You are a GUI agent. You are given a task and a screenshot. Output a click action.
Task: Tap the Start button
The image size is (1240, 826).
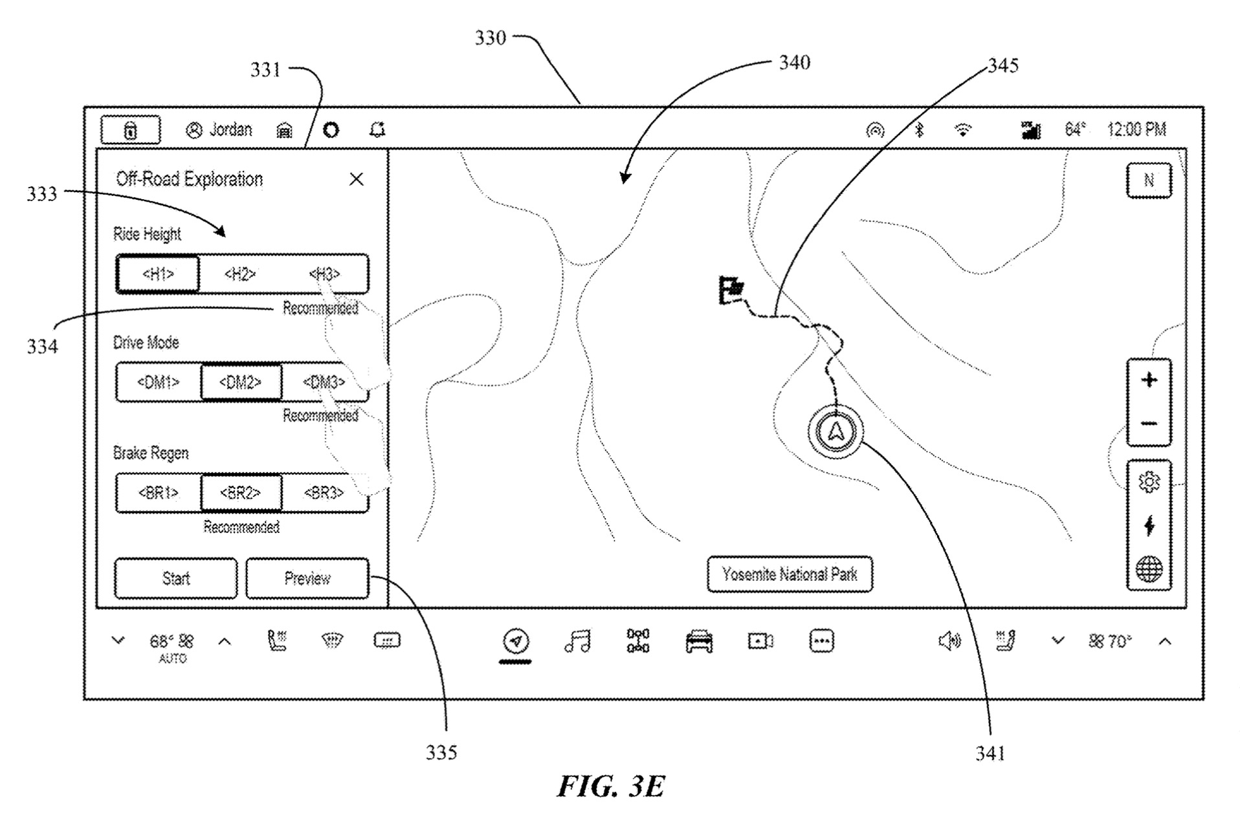175,578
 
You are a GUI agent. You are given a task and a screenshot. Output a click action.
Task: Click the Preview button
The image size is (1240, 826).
307,578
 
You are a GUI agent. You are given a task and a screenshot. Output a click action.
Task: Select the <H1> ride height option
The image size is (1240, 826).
158,274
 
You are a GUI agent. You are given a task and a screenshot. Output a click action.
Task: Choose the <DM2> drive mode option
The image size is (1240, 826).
241,382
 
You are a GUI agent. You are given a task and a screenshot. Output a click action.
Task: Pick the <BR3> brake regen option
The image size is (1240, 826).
324,494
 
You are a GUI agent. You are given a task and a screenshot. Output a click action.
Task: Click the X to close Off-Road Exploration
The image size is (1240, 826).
357,179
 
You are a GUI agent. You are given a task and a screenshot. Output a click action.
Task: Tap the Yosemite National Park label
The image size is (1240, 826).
790,574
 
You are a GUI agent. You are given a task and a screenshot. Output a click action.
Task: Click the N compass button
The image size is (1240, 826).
1149,180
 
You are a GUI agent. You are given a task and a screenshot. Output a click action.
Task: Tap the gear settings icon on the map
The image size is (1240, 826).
1149,482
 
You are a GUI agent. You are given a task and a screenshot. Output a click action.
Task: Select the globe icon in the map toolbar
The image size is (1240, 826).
1149,569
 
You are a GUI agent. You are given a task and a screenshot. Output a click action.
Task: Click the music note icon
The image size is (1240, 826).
577,640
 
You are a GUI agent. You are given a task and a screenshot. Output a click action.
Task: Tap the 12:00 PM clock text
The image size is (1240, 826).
1136,130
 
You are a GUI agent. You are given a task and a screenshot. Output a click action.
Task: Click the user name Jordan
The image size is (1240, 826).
230,130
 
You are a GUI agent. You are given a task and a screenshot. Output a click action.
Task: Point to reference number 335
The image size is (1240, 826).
441,753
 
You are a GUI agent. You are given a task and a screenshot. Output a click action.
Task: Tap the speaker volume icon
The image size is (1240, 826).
949,641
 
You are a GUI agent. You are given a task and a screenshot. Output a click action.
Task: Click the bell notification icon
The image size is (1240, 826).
377,130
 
